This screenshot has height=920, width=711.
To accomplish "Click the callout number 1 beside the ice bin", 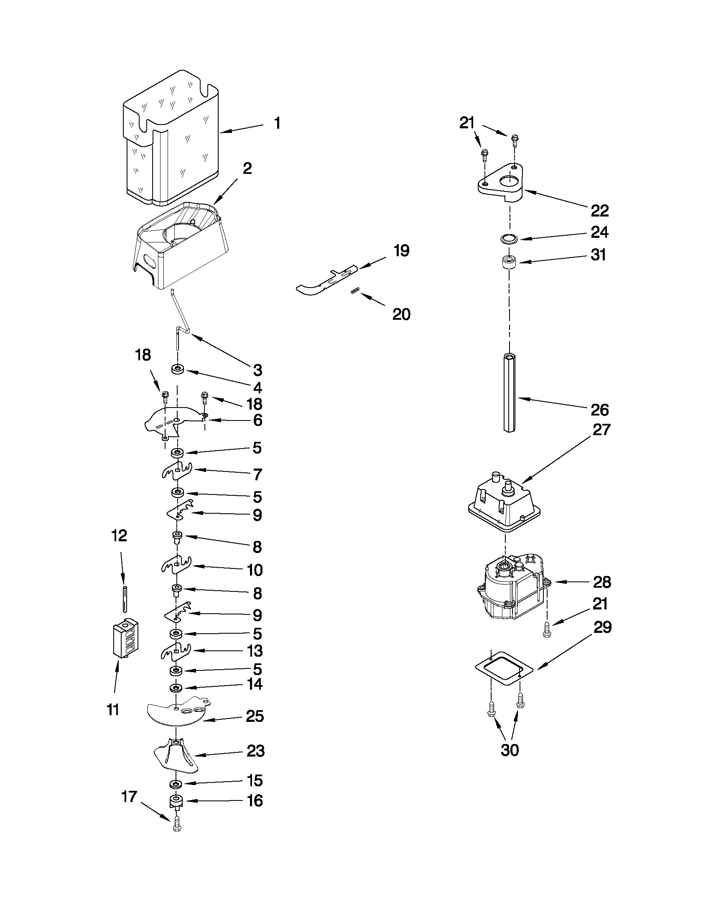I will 277,123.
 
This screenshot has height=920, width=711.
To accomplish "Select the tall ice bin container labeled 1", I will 171,139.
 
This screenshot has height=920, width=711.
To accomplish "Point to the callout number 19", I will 401,251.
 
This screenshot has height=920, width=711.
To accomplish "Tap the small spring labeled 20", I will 355,291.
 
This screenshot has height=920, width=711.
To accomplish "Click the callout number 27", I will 601,430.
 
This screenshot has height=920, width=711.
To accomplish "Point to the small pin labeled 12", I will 125,598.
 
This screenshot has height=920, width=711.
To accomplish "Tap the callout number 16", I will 255,801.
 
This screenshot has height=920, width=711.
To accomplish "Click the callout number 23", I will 255,751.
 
